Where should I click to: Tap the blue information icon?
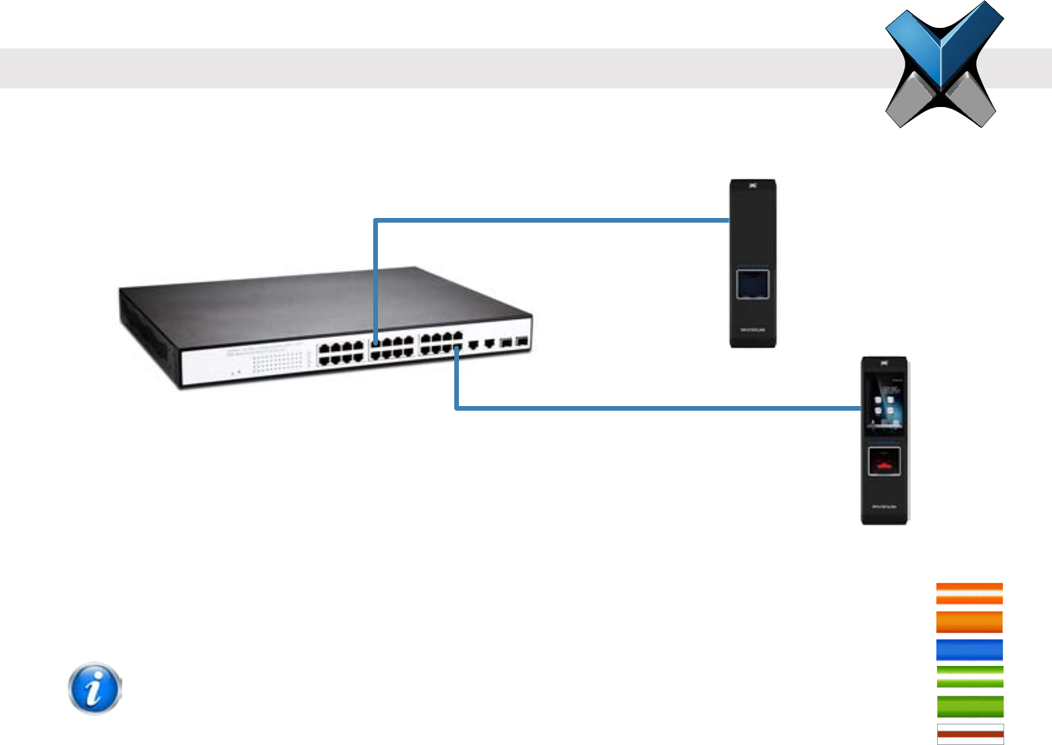click(x=95, y=688)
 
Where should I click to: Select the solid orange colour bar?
click(x=969, y=622)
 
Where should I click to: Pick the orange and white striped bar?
click(x=969, y=593)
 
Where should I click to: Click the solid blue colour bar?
click(x=969, y=650)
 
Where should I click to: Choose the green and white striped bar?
click(x=969, y=677)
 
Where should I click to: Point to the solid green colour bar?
click(x=969, y=706)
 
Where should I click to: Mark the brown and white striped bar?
click(x=970, y=734)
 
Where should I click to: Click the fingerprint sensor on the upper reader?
click(x=752, y=284)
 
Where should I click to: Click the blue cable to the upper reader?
click(x=551, y=220)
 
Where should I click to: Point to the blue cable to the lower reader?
click(x=657, y=407)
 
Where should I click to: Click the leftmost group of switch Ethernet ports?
click(x=341, y=354)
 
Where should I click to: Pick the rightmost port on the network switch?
click(x=521, y=342)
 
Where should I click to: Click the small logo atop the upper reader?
click(x=753, y=186)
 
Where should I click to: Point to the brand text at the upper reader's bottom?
click(x=752, y=330)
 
